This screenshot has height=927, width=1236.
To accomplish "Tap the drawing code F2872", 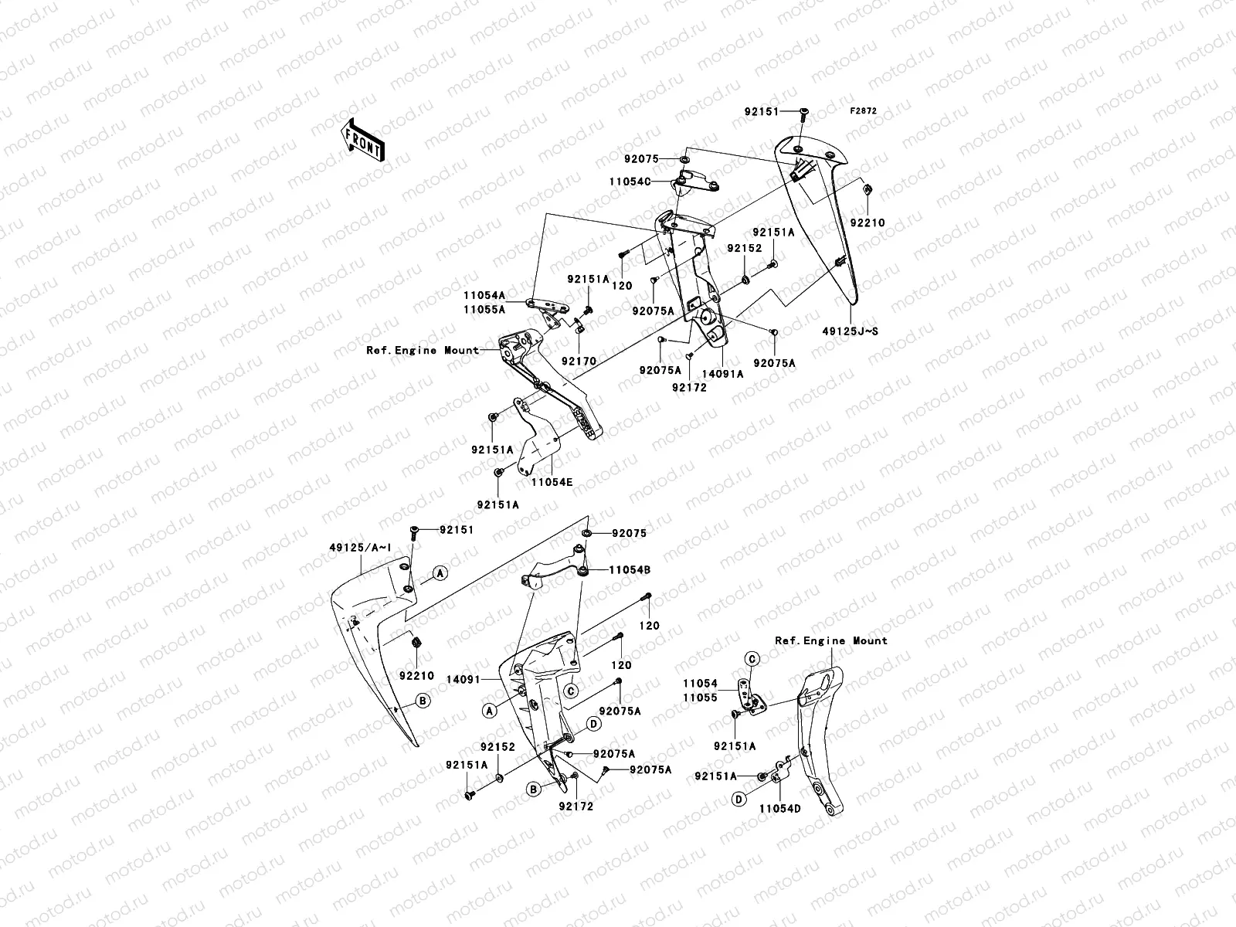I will tap(864, 111).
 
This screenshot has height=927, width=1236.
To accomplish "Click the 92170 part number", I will tap(579, 360).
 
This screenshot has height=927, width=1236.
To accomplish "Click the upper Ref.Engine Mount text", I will tap(423, 350).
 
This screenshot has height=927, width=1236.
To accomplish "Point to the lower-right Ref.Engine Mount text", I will tap(831, 640).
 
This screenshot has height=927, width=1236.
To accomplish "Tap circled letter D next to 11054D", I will tap(739, 800).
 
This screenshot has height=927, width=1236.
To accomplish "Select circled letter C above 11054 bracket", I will tap(752, 658).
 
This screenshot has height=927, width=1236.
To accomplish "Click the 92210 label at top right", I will tap(868, 222).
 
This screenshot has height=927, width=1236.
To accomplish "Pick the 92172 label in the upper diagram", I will tap(689, 388).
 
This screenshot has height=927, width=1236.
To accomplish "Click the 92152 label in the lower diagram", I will tap(497, 747).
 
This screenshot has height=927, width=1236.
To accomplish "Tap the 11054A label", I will tap(484, 295).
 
